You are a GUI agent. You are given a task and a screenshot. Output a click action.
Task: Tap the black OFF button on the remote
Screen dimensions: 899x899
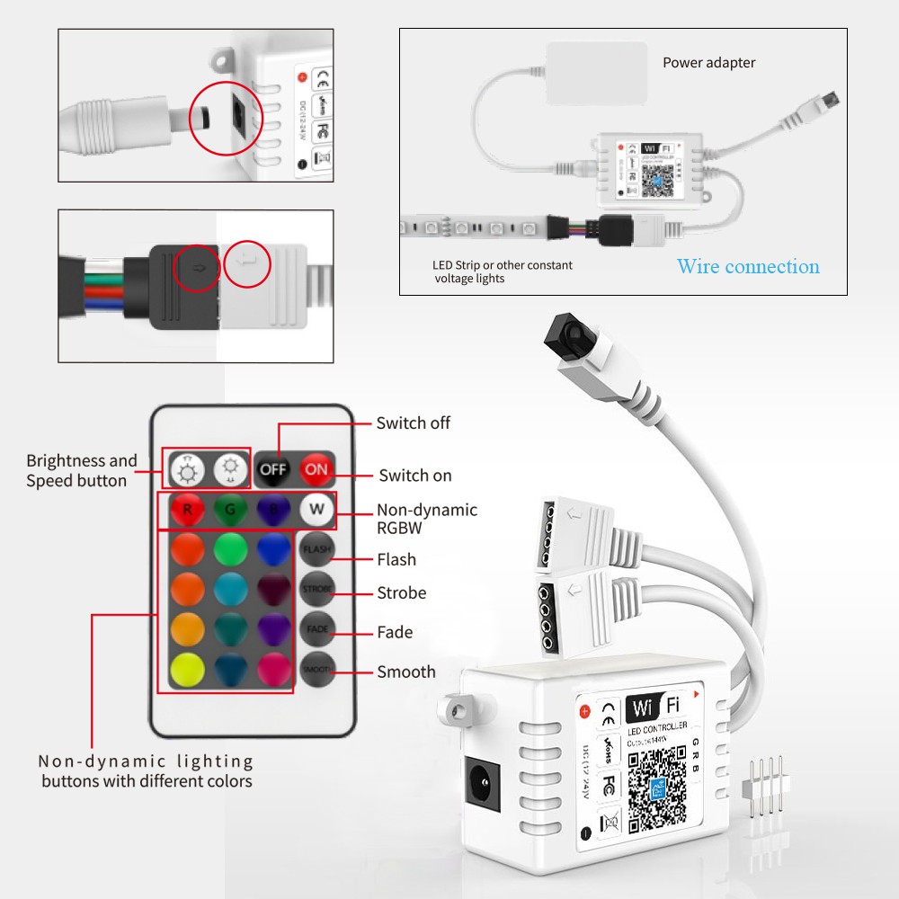coord(272,469)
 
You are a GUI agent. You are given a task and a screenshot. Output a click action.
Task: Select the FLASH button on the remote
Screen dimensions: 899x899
coord(316,548)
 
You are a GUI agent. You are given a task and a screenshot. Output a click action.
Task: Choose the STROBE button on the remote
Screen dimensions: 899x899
coord(316,588)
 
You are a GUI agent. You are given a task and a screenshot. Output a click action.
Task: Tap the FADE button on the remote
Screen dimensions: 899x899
coord(316,628)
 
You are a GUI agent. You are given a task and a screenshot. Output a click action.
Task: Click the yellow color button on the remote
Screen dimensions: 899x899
coord(187,670)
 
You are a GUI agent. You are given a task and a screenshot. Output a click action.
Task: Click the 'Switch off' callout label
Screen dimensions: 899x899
coord(413,423)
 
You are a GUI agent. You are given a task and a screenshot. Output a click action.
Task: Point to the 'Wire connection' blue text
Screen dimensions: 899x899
coord(748,266)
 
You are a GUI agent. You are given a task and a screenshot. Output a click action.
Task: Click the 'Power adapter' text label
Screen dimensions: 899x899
coord(708,63)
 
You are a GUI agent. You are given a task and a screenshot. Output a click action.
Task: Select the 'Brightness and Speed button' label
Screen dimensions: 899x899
coord(81,470)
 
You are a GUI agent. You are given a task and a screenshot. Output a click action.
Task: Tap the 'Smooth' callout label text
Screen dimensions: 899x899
coord(405,672)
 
